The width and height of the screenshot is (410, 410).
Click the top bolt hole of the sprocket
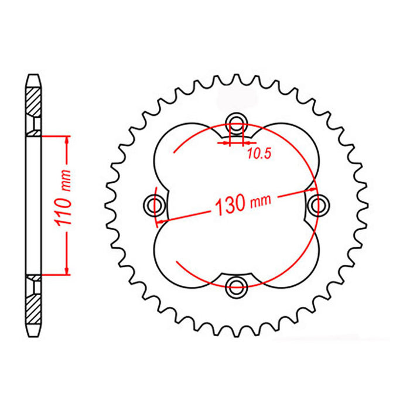point(237,122)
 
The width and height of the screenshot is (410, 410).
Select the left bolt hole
point(155,204)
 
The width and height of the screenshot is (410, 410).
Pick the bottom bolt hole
point(237,286)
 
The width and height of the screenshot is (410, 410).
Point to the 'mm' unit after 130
point(261,201)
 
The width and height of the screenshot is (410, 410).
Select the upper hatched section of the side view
point(33,100)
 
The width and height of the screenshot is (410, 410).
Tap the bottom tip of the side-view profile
point(33,334)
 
